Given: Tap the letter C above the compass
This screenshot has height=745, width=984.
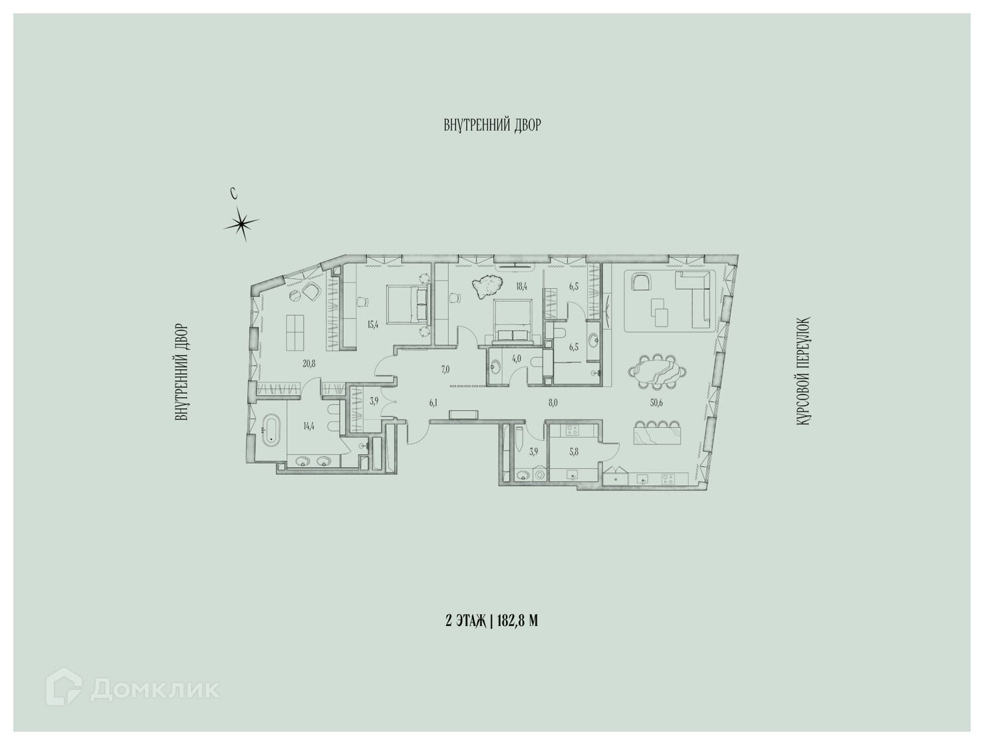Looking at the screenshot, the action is (x=233, y=193).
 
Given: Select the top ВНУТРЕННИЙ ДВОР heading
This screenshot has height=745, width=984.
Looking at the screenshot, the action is (x=492, y=124).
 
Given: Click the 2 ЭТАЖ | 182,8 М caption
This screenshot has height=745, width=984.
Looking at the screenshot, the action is (x=491, y=621).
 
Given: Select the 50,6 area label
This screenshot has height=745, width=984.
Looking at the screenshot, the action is (x=657, y=403).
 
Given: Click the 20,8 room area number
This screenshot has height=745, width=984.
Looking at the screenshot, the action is (x=309, y=364).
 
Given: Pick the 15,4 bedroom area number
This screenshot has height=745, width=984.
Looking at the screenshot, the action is (x=372, y=325).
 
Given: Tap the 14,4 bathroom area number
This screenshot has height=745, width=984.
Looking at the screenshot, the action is (x=308, y=426).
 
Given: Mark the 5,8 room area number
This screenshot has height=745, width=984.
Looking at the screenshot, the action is (x=574, y=452).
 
